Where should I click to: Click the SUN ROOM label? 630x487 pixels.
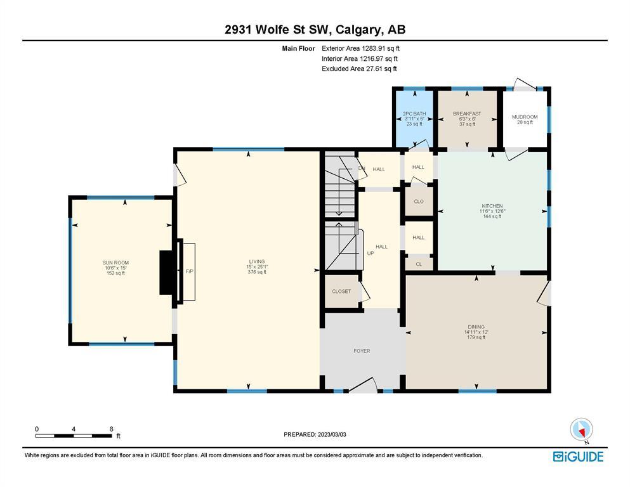(x=115, y=263)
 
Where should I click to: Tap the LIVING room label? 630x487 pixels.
(x=257, y=261)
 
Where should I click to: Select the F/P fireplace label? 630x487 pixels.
(x=189, y=271)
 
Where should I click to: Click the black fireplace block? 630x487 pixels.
(x=166, y=273)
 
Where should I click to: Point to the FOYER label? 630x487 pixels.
(x=362, y=351)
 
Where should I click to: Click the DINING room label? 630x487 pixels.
(x=476, y=327)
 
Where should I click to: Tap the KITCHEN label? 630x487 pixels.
(x=492, y=206)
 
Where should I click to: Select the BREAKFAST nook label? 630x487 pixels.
(x=467, y=114)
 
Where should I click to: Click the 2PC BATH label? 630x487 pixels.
(x=414, y=114)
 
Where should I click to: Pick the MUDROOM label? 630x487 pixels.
(x=525, y=117)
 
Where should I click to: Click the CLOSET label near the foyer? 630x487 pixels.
(x=341, y=292)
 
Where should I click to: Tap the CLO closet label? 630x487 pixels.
(x=419, y=202)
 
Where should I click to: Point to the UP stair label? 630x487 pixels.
(x=371, y=254)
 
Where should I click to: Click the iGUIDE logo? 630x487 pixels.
(x=578, y=457)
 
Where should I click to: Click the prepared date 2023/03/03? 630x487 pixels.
(x=332, y=434)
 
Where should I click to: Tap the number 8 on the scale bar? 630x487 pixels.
(x=111, y=429)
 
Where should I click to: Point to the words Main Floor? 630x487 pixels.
(x=299, y=49)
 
